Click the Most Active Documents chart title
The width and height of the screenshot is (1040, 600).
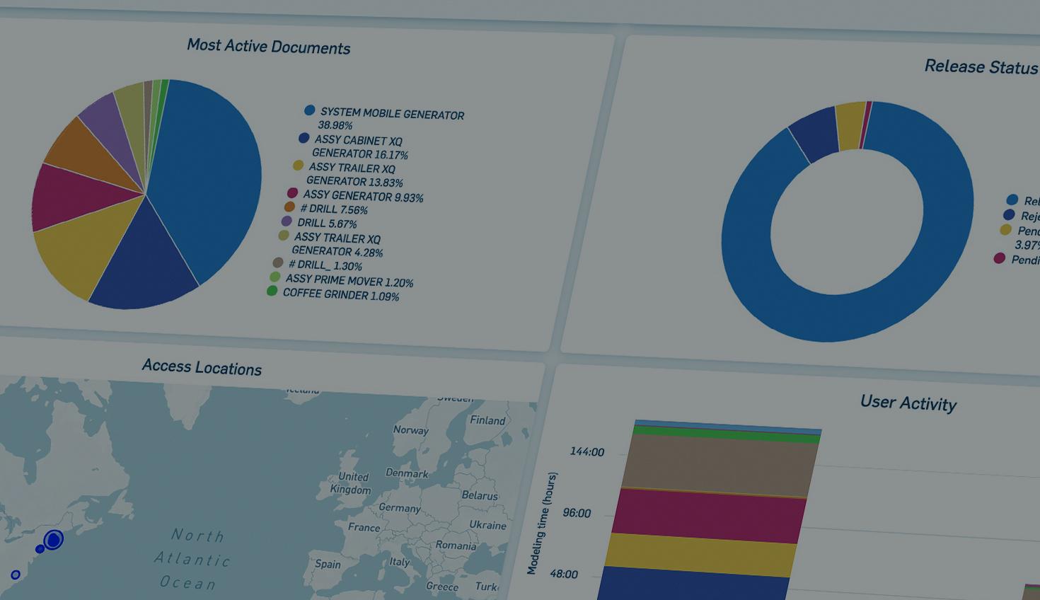tap(268, 47)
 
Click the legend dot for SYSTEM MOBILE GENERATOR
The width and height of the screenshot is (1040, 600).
tap(309, 110)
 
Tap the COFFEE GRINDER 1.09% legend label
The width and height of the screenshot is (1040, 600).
tap(340, 294)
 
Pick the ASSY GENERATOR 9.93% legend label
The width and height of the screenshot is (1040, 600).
tap(363, 197)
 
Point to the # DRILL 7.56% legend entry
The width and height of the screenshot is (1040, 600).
tap(333, 209)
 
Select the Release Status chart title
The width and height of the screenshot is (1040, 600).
tap(981, 67)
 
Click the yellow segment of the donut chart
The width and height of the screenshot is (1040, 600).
tap(850, 125)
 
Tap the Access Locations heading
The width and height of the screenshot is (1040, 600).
tap(202, 367)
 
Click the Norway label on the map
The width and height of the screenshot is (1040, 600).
tap(410, 430)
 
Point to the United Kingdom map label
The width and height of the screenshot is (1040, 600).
tap(352, 483)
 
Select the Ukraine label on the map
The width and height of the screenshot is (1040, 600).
tap(487, 525)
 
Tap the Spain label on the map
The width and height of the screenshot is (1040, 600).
tap(328, 564)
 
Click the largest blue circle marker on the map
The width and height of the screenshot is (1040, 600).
tap(53, 541)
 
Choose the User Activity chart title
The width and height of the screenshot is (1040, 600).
tap(908, 403)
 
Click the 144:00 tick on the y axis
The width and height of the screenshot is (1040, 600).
tap(587, 452)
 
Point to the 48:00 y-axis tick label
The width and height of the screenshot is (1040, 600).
tap(564, 574)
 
